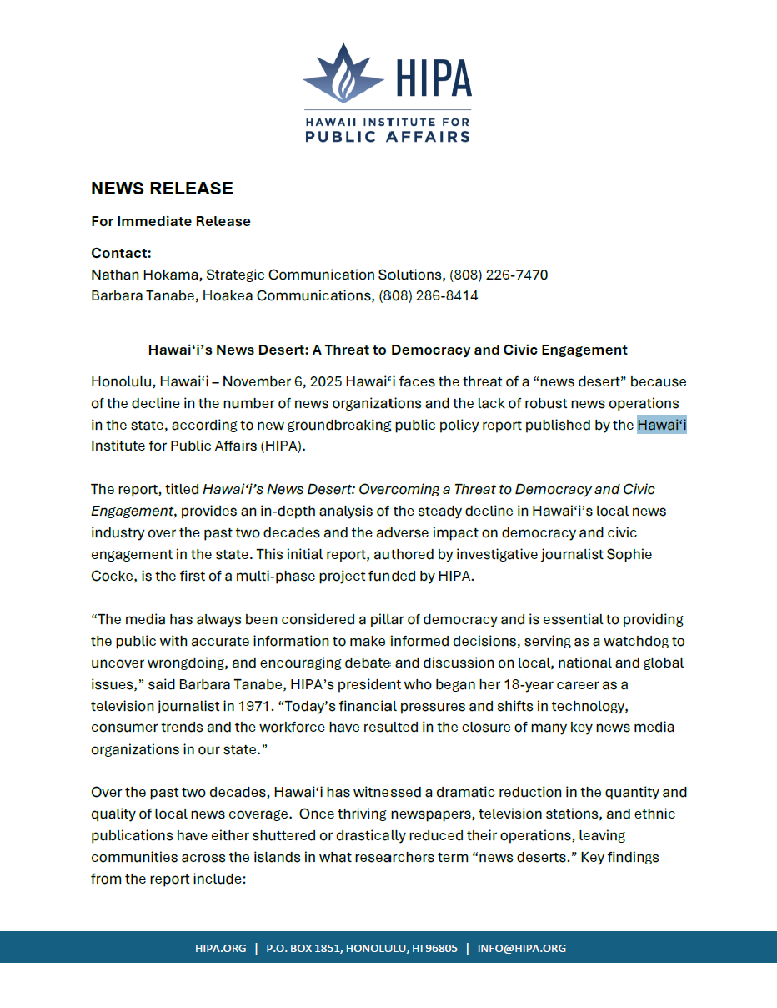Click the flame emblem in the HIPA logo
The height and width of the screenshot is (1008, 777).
(x=343, y=78)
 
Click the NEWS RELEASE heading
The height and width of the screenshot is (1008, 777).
(x=162, y=189)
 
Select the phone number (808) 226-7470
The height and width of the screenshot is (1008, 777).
(x=499, y=275)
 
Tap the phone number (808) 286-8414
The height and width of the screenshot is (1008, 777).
(x=429, y=295)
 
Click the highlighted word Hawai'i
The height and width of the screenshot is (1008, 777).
(x=662, y=425)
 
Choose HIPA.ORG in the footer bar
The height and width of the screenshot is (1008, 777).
(x=221, y=948)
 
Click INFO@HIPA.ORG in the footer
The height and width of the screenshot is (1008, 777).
(x=522, y=948)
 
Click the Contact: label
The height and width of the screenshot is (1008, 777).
(x=121, y=253)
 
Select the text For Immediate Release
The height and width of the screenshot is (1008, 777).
(x=170, y=221)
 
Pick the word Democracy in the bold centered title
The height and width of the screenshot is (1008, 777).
(x=429, y=350)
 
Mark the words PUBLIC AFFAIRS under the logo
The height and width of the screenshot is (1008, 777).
(x=388, y=136)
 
